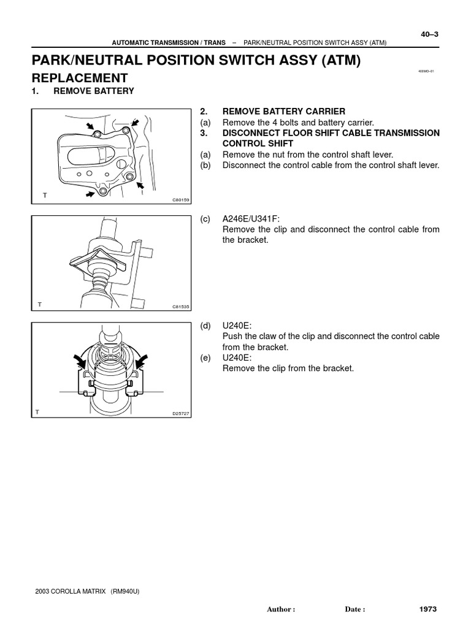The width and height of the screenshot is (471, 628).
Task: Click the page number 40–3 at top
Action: tap(429, 34)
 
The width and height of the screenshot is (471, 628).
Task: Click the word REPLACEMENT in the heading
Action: tap(79, 78)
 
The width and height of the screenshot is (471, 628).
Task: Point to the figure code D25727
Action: tap(180, 414)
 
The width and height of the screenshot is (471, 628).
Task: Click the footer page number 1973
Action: tap(428, 609)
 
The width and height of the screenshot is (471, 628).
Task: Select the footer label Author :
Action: tap(281, 610)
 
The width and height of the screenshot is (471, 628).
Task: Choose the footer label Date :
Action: tap(355, 610)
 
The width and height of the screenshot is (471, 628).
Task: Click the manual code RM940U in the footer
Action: tap(125, 591)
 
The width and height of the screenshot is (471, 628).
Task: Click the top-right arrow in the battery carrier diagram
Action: tap(135, 123)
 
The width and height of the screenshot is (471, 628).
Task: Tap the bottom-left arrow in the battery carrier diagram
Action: tap(91, 194)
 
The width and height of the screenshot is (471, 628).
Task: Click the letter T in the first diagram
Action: tap(44, 195)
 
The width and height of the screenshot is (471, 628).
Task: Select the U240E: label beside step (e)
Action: tap(237, 358)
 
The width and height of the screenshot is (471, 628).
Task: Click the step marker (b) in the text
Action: tap(205, 166)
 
